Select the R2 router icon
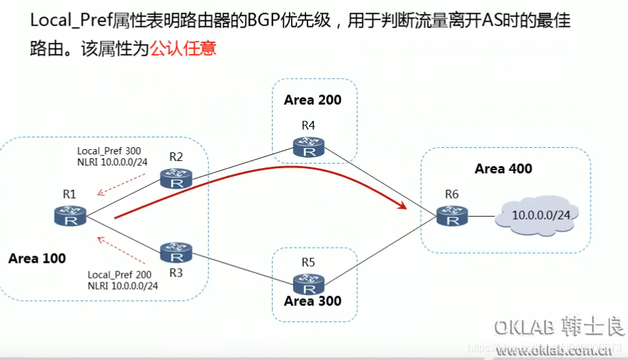(x=176, y=177)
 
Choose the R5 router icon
(x=309, y=284)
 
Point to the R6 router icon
(x=453, y=215)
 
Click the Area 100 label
(x=37, y=259)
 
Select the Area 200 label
(x=313, y=100)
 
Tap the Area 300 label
(x=313, y=302)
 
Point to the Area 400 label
(x=503, y=169)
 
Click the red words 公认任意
(x=183, y=49)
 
